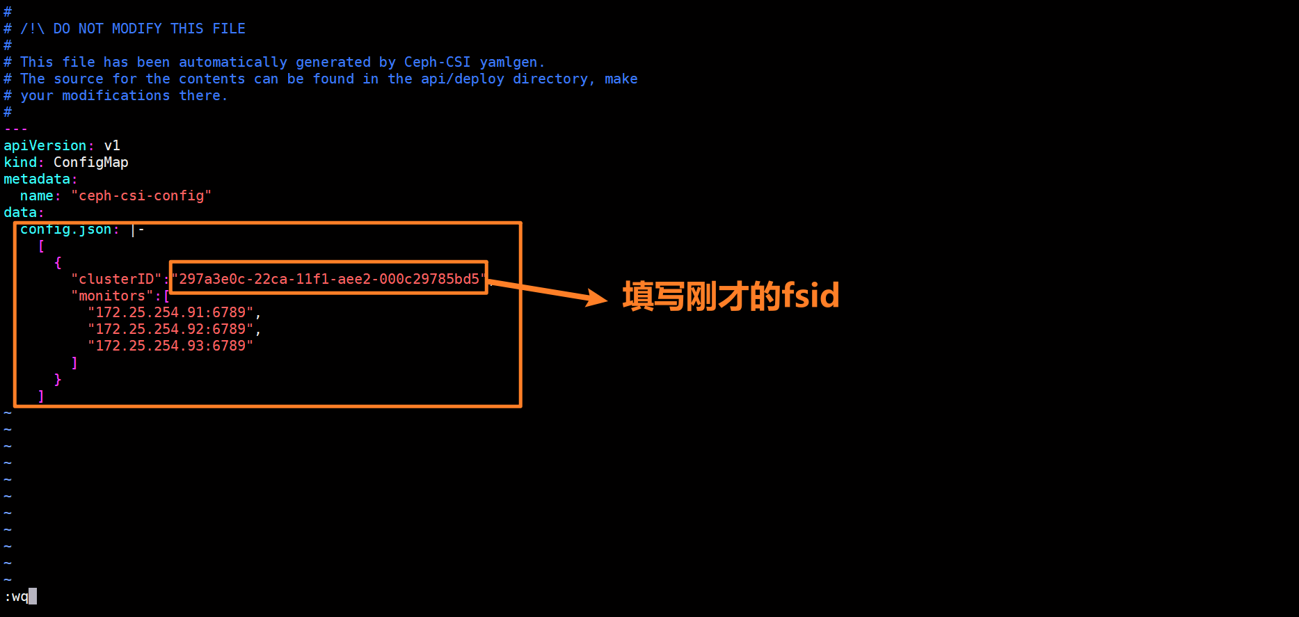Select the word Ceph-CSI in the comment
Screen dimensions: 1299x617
coord(437,62)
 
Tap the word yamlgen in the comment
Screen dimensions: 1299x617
coord(508,62)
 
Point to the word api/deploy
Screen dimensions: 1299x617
coord(462,79)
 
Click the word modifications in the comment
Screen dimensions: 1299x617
coord(115,95)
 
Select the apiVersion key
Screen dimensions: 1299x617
coord(45,145)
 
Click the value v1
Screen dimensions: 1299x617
coord(112,145)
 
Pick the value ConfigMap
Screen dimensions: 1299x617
coord(90,162)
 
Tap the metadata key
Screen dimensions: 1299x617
coord(36,179)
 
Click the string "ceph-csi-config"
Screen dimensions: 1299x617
coord(141,195)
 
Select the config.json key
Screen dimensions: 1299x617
coord(65,230)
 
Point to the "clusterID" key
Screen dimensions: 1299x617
coord(115,279)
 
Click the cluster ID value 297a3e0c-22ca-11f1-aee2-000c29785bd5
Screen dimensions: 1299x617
coord(329,279)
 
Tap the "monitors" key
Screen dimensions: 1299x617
coord(111,296)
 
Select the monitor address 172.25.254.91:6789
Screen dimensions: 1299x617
coord(170,312)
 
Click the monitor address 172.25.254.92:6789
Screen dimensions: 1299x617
coord(170,329)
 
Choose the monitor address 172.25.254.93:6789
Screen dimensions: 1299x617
coord(170,346)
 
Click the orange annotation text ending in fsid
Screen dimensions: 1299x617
coord(731,296)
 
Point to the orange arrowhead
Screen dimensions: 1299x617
coord(597,298)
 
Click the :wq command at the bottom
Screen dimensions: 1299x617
coord(17,597)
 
